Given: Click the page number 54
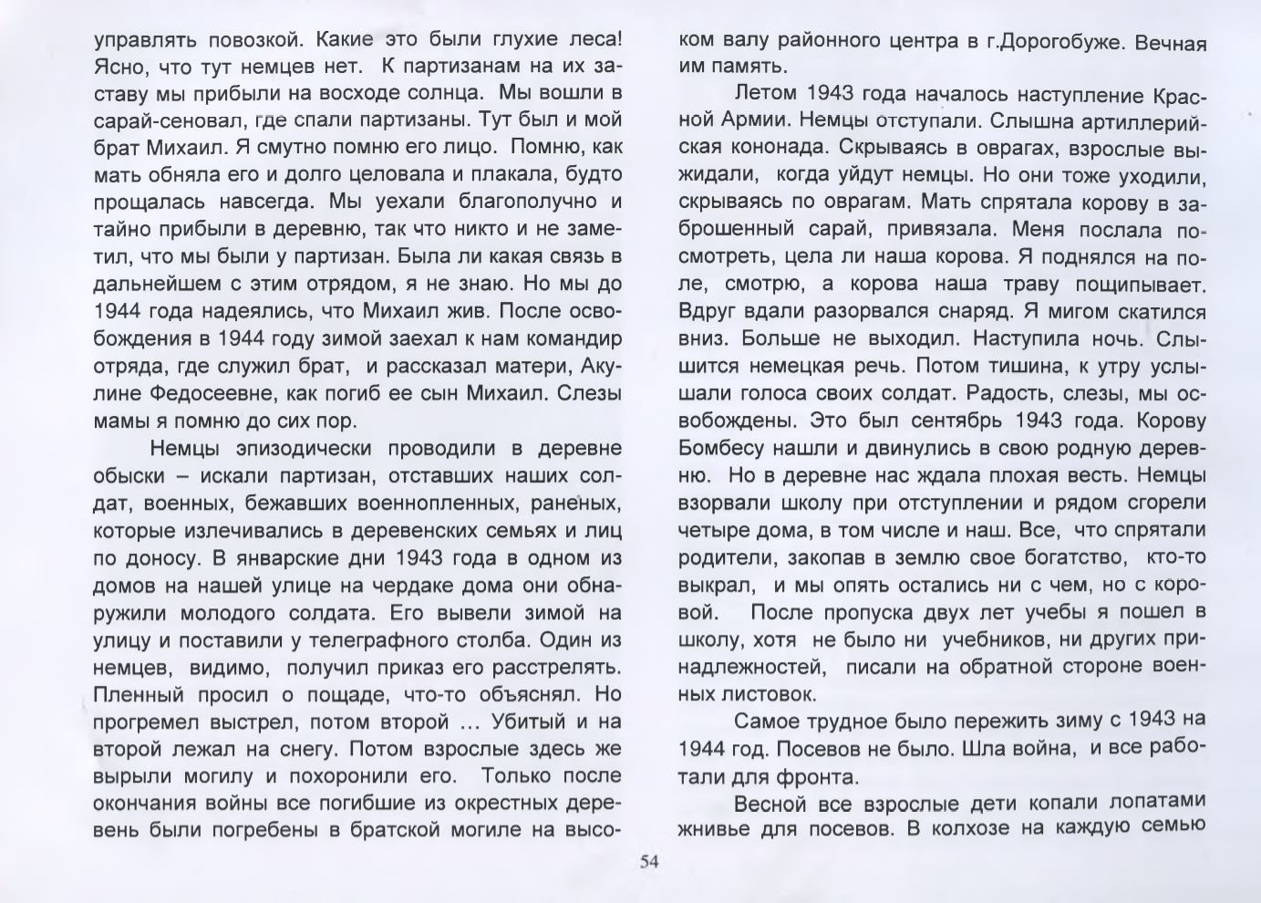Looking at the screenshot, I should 649,861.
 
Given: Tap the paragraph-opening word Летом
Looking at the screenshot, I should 763,95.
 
